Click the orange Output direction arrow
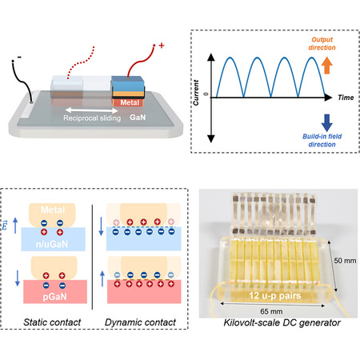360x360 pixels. tap(327, 66)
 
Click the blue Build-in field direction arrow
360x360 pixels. tap(327, 123)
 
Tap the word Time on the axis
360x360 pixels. tap(346, 98)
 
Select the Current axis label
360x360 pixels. tap(196, 93)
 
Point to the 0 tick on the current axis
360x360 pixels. tap(206, 94)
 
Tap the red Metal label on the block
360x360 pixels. tap(130, 102)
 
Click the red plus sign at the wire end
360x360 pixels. tap(162, 46)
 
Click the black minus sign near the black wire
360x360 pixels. tap(19, 57)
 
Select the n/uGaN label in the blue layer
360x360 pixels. tap(52, 244)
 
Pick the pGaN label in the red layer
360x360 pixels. tap(54, 297)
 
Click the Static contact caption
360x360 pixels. tap(52, 322)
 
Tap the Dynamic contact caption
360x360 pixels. tap(140, 322)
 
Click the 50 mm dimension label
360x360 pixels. tap(345, 261)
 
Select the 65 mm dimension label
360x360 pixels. tap(271, 311)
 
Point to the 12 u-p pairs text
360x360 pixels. tap(275, 295)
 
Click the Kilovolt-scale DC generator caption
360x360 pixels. tap(282, 322)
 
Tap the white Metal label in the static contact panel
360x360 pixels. tap(53, 210)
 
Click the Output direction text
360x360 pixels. tap(322, 43)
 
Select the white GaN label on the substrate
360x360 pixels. tap(138, 118)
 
